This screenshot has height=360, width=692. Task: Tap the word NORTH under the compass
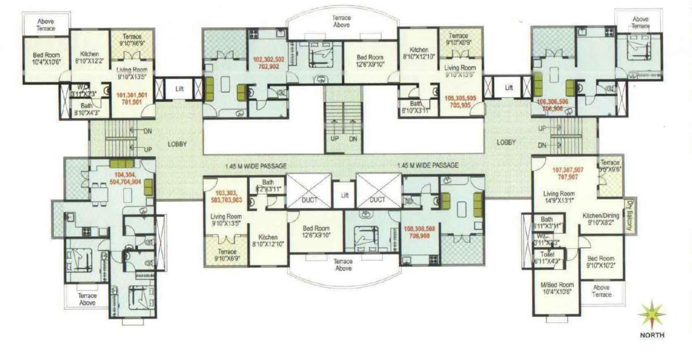(652, 335)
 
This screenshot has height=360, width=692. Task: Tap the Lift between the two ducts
(343, 195)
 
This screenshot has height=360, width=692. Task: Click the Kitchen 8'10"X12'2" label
(90, 57)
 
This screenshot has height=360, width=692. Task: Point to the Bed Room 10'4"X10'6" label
(46, 59)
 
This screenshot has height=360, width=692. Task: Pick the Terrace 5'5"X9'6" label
(610, 166)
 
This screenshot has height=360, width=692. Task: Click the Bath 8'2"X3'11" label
(268, 185)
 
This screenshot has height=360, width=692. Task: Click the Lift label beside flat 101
(179, 89)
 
